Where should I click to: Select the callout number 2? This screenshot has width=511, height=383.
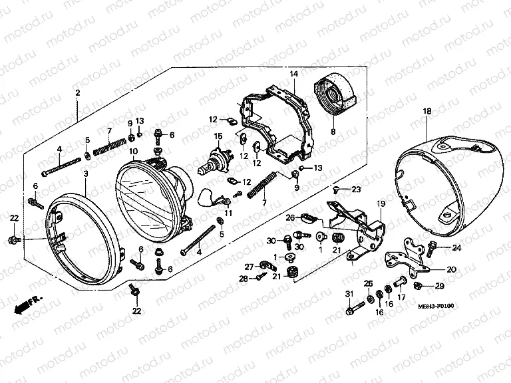click(78, 92)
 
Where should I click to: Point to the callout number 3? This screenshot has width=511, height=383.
click(85, 173)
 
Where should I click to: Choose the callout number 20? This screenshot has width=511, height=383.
click(451, 269)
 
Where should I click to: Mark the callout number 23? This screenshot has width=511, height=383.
click(357, 190)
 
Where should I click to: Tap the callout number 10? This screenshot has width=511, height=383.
click(133, 151)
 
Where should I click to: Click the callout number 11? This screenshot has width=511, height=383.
click(228, 213)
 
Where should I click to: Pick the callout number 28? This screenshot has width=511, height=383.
click(243, 279)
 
